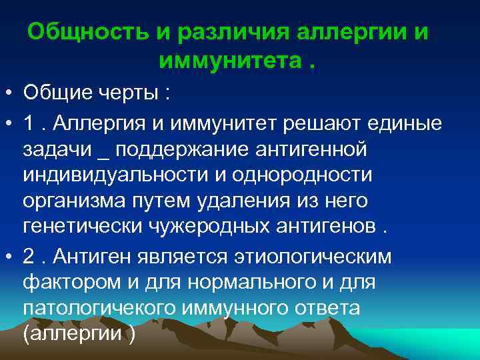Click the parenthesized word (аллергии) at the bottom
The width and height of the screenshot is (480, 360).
pos(79,333)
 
